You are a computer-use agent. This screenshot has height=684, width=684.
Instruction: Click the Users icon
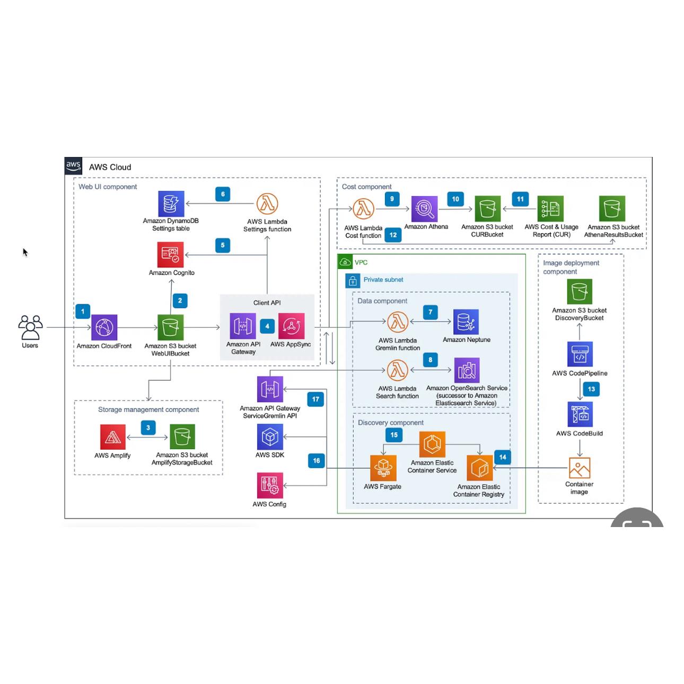pyautogui.click(x=30, y=327)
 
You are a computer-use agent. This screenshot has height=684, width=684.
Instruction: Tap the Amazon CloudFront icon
pyautogui.click(x=104, y=327)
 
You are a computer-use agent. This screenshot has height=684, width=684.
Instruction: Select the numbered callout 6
pyautogui.click(x=223, y=194)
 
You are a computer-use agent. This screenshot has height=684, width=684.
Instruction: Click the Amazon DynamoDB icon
pyautogui.click(x=171, y=204)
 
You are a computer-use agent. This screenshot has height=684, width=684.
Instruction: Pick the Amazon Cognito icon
pyautogui.click(x=171, y=255)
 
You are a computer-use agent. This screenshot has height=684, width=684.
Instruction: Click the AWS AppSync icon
pyautogui.click(x=291, y=326)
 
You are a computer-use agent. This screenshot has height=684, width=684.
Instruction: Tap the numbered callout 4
pyautogui.click(x=267, y=327)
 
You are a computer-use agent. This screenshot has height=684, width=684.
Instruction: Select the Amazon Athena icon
pyautogui.click(x=425, y=209)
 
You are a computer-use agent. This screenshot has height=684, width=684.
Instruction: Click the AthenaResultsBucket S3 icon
pyautogui.click(x=612, y=208)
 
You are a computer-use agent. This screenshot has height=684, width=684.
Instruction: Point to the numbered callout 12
pyautogui.click(x=393, y=235)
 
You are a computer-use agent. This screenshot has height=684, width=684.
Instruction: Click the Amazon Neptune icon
pyautogui.click(x=466, y=322)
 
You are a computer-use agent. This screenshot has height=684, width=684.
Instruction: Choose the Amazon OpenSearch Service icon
pyautogui.click(x=467, y=370)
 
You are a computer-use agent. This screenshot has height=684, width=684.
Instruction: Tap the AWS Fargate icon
pyautogui.click(x=383, y=468)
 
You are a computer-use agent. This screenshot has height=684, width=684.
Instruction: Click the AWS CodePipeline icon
pyautogui.click(x=580, y=354)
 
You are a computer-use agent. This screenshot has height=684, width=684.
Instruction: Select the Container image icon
pyautogui.click(x=580, y=468)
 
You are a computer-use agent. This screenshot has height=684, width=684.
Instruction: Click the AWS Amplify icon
pyautogui.click(x=113, y=437)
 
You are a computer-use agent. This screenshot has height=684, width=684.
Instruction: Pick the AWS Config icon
pyautogui.click(x=270, y=485)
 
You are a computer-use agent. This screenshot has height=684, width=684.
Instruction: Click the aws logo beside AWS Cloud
pyautogui.click(x=73, y=166)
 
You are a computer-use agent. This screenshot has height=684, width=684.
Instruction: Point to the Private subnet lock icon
pyautogui.click(x=353, y=280)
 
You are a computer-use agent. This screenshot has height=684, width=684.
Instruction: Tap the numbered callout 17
pyautogui.click(x=316, y=399)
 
